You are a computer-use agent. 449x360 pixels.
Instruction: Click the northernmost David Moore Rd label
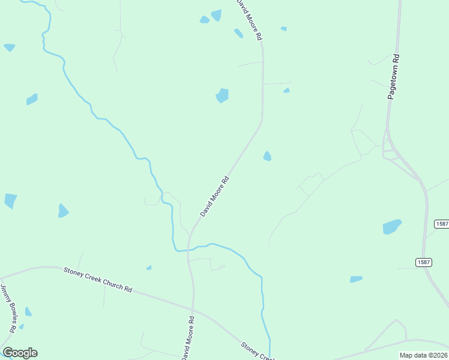pyautogui.click(x=250, y=20)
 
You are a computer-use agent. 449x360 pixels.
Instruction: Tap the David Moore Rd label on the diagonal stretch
pyautogui.click(x=214, y=196)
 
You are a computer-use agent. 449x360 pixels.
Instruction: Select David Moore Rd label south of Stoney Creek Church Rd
pyautogui.click(x=187, y=339)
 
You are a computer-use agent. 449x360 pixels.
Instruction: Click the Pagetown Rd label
pyautogui.click(x=393, y=77)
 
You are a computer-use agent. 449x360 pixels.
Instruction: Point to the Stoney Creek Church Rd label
pyautogui.click(x=97, y=280)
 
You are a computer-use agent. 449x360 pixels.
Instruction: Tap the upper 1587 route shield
pyautogui.click(x=441, y=224)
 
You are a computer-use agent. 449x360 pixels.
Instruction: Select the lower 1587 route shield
pyautogui.click(x=423, y=262)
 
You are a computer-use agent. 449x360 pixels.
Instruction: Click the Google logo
pyautogui.click(x=20, y=353)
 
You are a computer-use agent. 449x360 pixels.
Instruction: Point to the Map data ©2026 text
pyautogui.click(x=423, y=355)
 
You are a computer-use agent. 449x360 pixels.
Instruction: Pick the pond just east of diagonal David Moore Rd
pyautogui.click(x=267, y=156)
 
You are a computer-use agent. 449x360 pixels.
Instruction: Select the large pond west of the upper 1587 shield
pyautogui.click(x=391, y=227)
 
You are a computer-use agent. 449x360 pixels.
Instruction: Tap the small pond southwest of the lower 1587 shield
pyautogui.click(x=356, y=279)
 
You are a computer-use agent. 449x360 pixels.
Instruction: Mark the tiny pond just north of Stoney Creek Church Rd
pyautogui.click(x=149, y=268)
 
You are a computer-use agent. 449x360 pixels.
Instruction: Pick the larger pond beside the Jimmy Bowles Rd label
pyautogui.click(x=28, y=312)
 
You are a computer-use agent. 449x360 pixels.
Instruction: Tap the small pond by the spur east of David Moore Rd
pyautogui.click(x=286, y=91)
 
